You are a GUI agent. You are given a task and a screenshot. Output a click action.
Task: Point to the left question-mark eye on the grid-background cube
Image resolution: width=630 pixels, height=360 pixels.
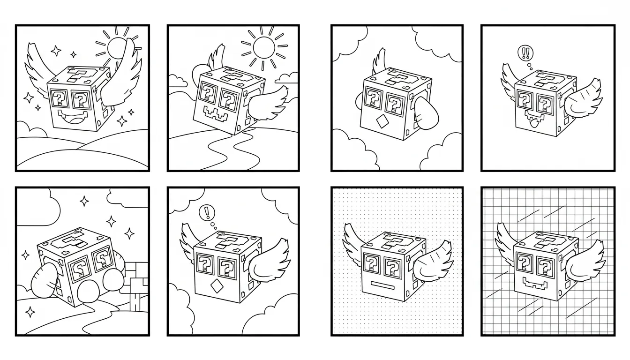(524, 264)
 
